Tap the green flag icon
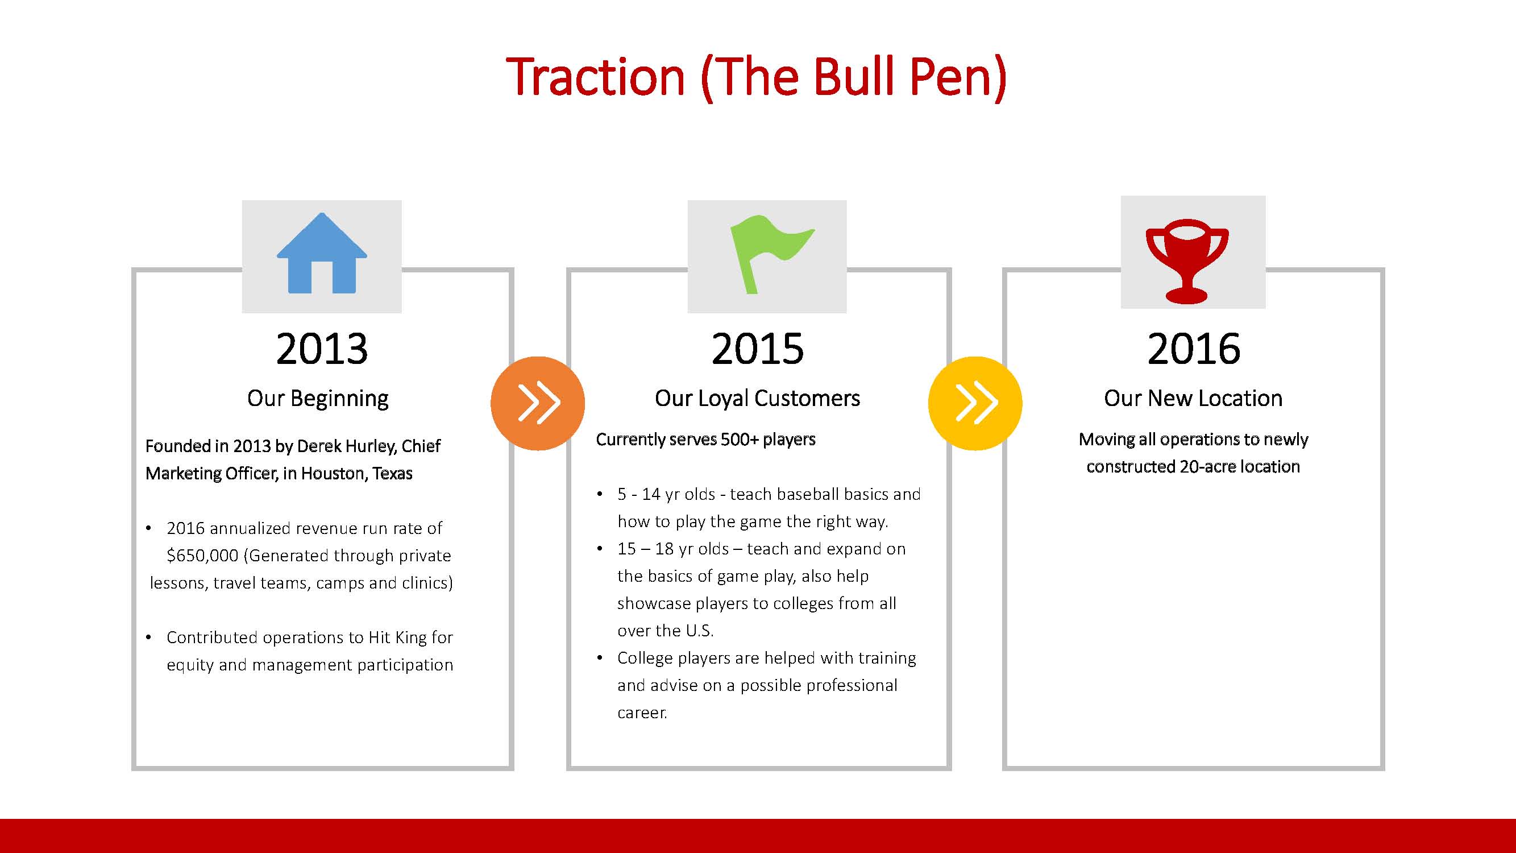click(x=771, y=254)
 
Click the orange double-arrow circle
click(x=538, y=403)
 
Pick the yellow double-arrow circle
click(x=975, y=403)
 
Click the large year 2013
click(x=322, y=349)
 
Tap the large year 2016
click(x=1194, y=349)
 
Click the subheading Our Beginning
click(x=318, y=399)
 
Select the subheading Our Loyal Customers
click(x=757, y=399)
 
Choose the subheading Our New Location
click(x=1193, y=399)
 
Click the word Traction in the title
click(x=596, y=77)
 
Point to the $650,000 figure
click(x=202, y=555)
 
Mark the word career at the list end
click(x=642, y=713)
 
